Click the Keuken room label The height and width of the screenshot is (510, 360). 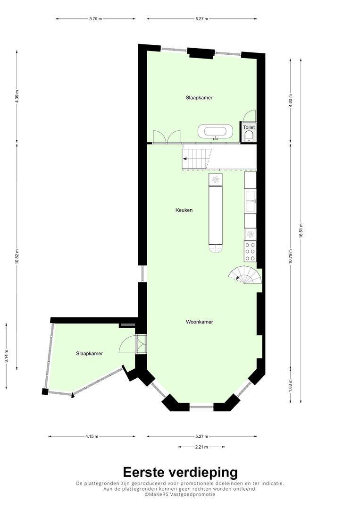tap(184, 210)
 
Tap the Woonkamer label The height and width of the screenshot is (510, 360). tap(200, 322)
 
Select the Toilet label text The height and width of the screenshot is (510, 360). tap(249, 127)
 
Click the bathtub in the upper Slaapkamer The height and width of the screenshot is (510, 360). tap(216, 132)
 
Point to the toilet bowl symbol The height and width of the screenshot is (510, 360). tap(250, 136)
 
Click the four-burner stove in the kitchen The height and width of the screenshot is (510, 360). tap(250, 251)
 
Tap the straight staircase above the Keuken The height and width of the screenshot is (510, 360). tap(196, 159)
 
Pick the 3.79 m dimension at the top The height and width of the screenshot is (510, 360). tap(95, 19)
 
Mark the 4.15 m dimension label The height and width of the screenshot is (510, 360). tap(92, 436)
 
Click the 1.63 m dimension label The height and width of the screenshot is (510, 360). tap(291, 385)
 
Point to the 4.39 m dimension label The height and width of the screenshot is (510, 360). tap(17, 96)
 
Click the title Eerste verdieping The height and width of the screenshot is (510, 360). tap(180, 472)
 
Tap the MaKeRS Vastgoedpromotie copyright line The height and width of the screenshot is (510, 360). tap(180, 494)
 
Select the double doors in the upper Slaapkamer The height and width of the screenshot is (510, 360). tap(167, 137)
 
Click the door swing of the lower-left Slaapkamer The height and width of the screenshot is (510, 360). tap(128, 344)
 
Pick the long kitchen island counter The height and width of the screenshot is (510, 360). tap(216, 215)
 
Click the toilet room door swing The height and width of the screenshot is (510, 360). tap(250, 116)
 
